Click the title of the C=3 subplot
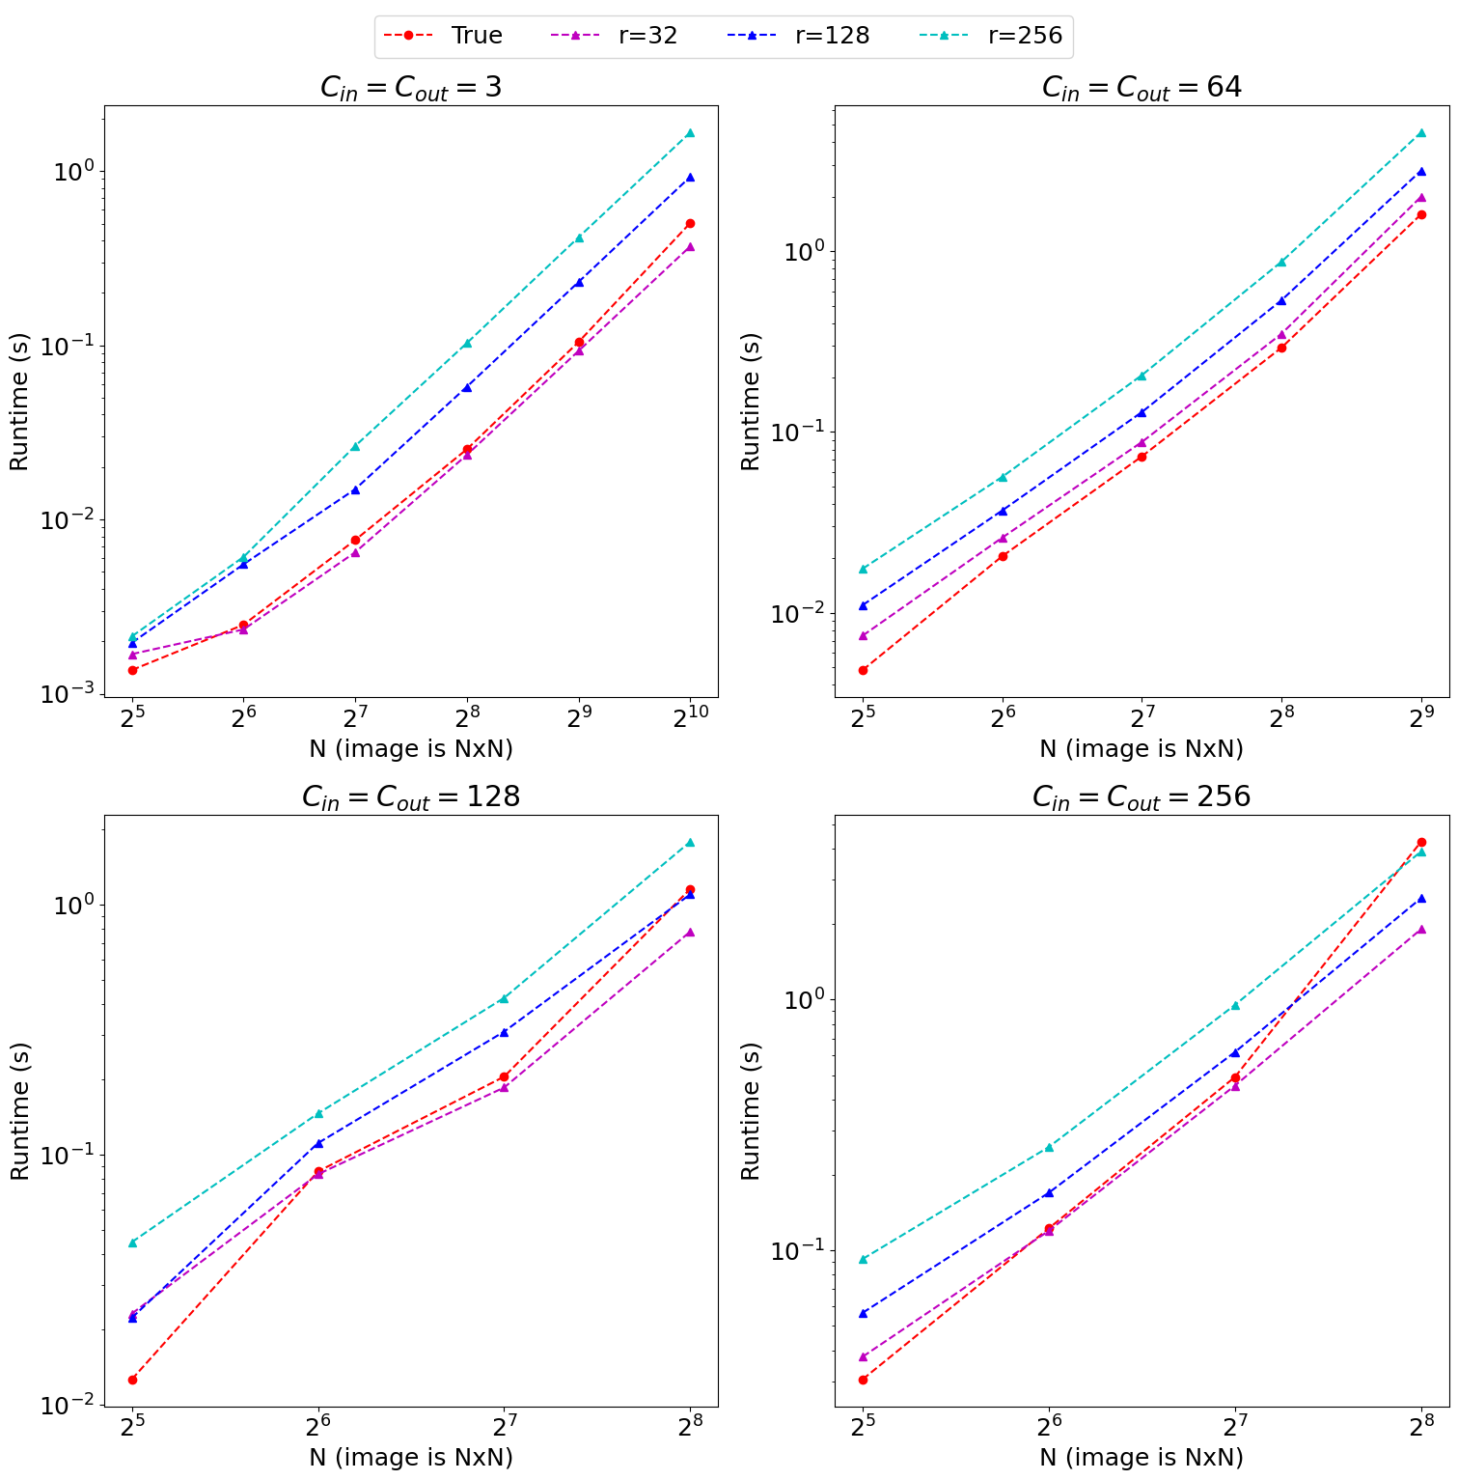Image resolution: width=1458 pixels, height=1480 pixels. [x=411, y=88]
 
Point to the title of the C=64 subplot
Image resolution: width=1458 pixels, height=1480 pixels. [x=1142, y=88]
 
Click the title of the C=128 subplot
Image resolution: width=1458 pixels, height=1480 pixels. [x=411, y=797]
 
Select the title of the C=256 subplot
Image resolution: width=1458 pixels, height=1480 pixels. [x=1142, y=797]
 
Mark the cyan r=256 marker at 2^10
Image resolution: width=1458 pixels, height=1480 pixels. [x=690, y=133]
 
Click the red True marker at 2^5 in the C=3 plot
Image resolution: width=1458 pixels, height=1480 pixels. [x=132, y=670]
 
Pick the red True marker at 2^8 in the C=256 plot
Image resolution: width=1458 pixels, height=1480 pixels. [x=1420, y=843]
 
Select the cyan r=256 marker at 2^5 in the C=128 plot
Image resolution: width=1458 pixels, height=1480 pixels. [x=132, y=1243]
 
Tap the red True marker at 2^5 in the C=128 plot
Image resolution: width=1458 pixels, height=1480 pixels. [x=132, y=1380]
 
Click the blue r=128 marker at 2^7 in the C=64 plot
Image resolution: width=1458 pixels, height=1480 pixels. [x=1142, y=412]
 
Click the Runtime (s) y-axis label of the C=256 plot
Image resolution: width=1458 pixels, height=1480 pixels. [x=751, y=1111]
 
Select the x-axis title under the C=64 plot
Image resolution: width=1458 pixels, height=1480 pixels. [x=1142, y=749]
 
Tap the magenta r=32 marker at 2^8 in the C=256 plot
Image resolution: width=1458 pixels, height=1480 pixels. [x=1420, y=930]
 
